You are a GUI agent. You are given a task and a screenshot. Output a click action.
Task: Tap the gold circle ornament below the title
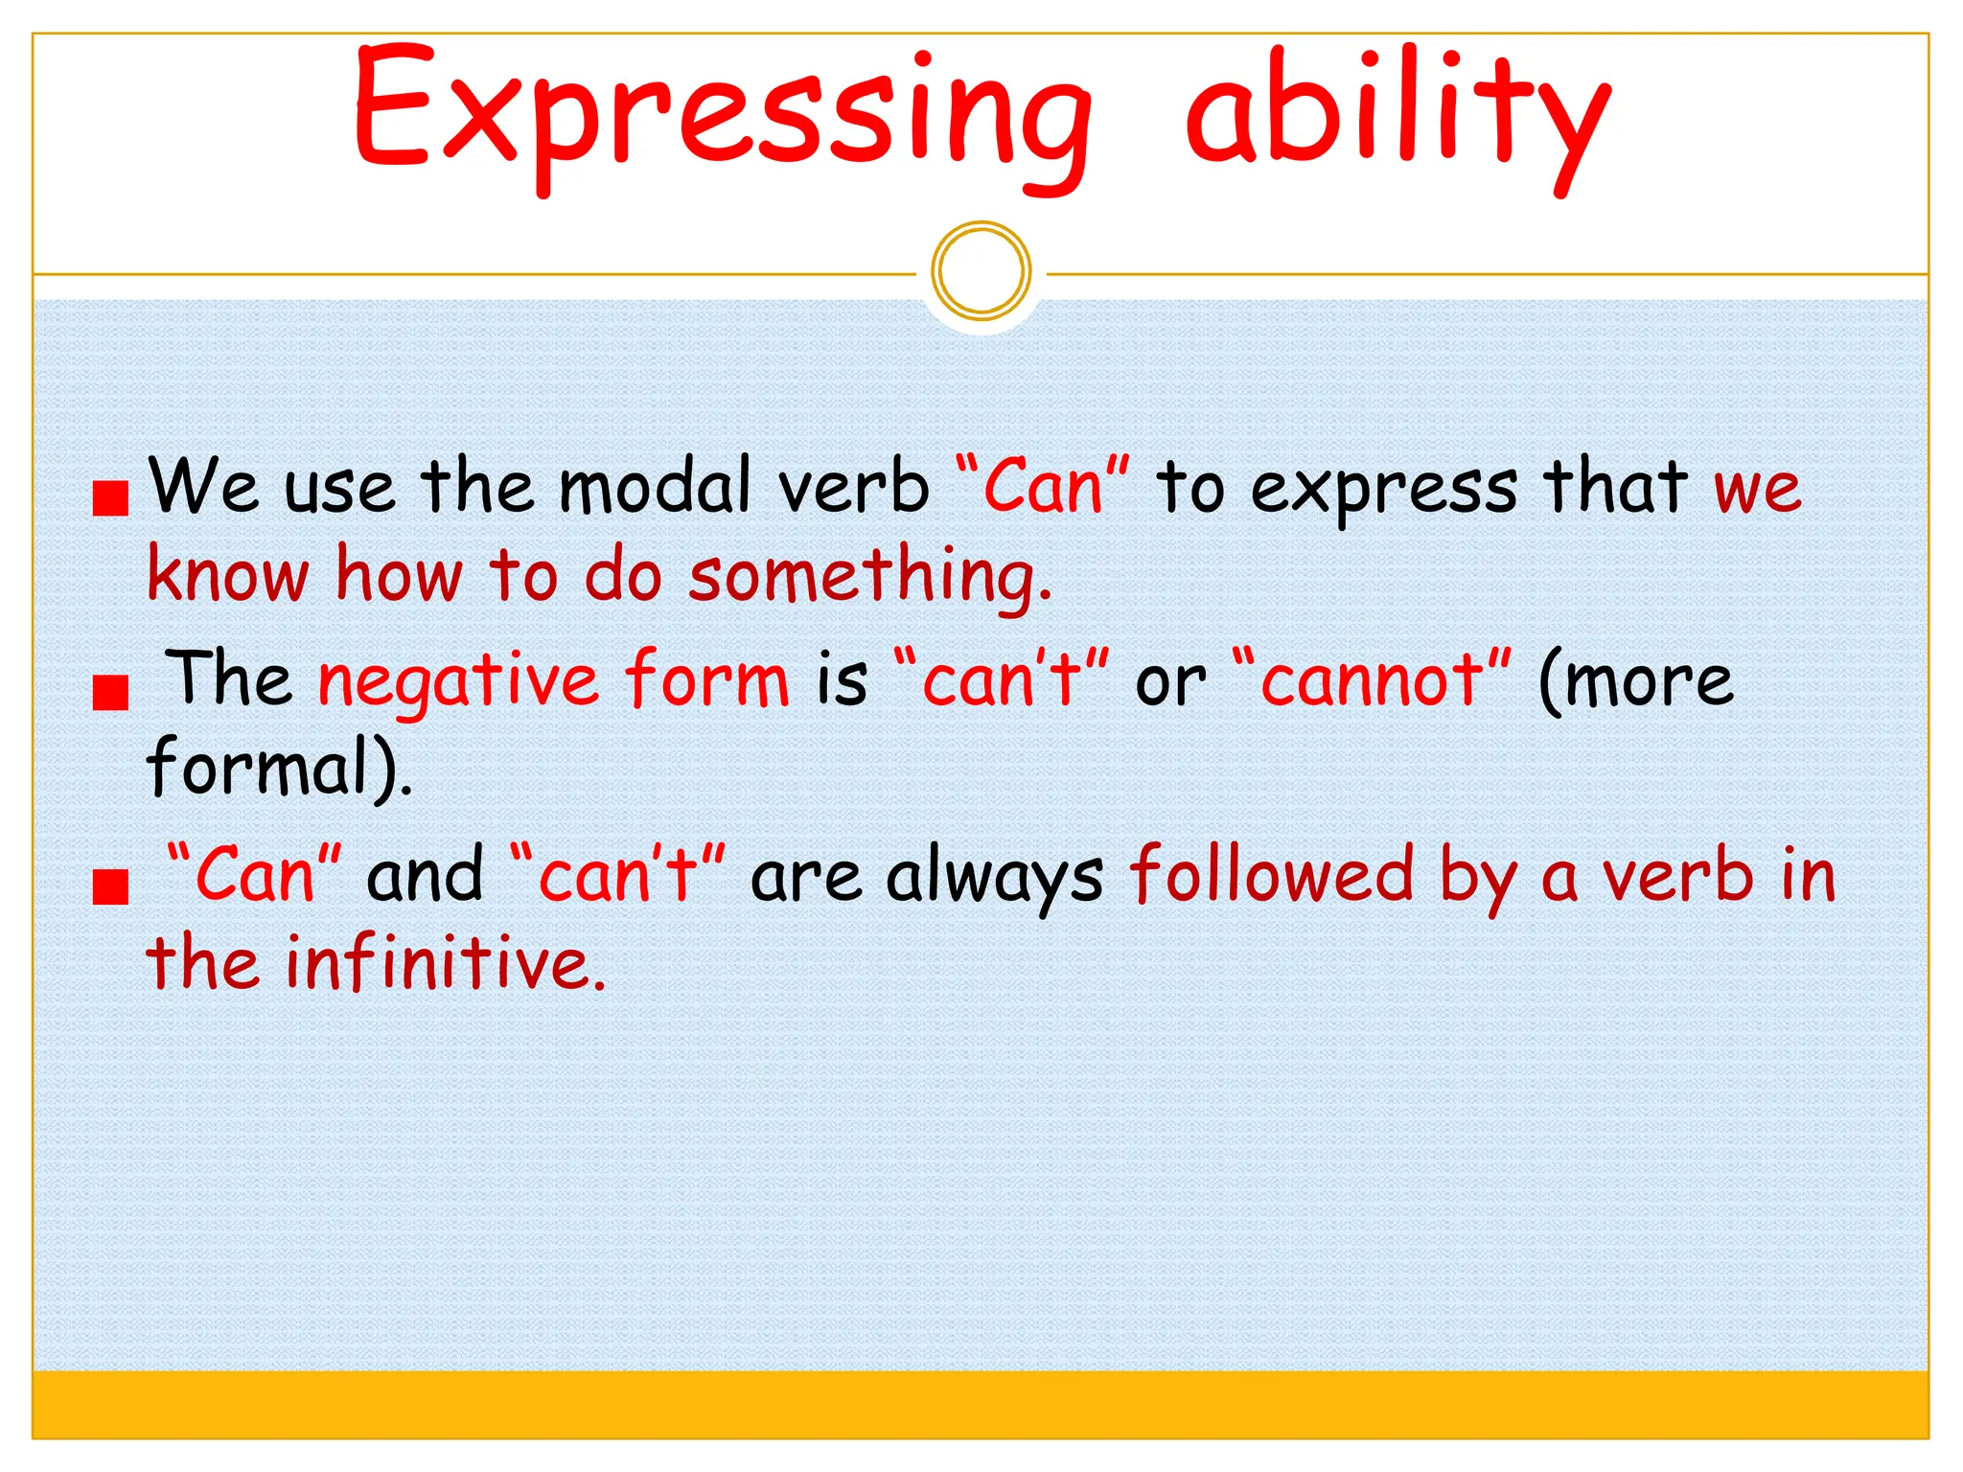(x=981, y=271)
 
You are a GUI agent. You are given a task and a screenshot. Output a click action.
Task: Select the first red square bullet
(x=111, y=497)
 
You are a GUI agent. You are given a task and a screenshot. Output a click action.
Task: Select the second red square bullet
(x=111, y=691)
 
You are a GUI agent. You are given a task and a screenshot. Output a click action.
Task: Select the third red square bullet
(x=111, y=886)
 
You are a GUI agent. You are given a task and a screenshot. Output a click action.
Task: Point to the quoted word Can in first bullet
(x=1044, y=487)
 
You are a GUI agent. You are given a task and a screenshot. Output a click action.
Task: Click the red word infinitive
(x=446, y=963)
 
